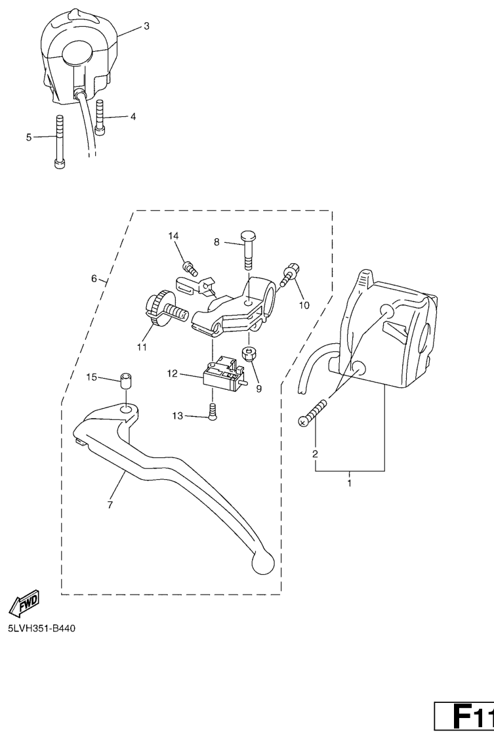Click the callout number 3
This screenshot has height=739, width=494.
click(146, 26)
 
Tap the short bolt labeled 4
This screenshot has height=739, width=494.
click(100, 117)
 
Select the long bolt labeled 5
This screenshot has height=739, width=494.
click(59, 141)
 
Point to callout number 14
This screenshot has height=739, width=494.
click(174, 236)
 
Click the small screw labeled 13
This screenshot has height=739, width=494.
click(212, 413)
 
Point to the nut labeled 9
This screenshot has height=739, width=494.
click(248, 353)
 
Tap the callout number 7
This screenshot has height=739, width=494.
click(110, 505)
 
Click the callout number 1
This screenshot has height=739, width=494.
click(350, 483)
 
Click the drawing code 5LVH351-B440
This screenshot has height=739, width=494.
click(41, 629)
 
